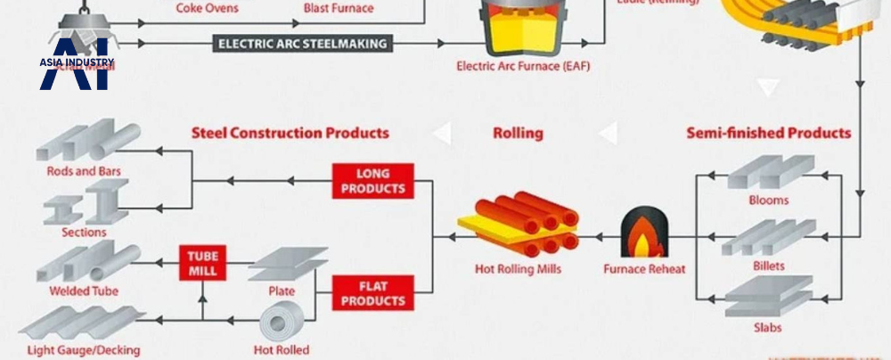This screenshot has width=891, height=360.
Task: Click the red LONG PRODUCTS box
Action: click(x=373, y=180)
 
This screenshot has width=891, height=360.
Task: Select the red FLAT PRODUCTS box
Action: click(x=373, y=292)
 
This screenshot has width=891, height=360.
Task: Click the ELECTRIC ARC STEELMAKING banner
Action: click(x=303, y=43)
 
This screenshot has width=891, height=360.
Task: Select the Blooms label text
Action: click(x=768, y=200)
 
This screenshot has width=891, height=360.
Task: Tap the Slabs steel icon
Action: click(x=768, y=296)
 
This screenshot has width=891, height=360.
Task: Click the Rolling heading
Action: click(x=518, y=134)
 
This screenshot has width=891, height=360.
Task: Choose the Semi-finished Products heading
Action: click(x=768, y=134)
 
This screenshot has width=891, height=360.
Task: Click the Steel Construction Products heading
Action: click(x=290, y=134)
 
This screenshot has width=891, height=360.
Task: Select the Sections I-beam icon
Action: click(x=86, y=202)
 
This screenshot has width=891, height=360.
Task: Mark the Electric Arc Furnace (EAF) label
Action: click(x=523, y=66)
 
